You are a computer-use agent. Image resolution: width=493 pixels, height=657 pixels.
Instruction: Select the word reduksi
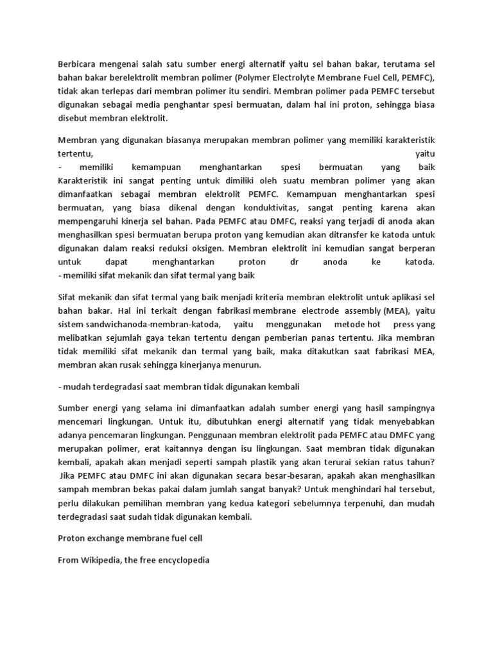click(x=174, y=248)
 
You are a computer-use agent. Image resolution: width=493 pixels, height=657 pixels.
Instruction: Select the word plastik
click(x=234, y=463)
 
